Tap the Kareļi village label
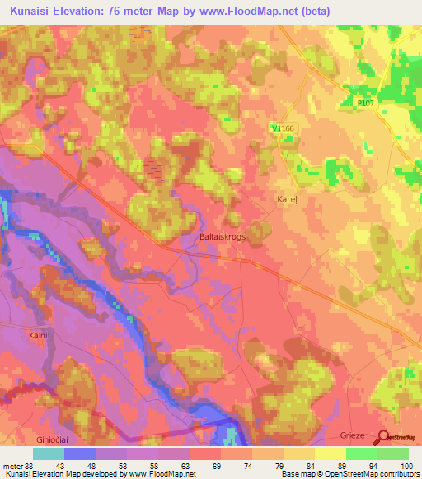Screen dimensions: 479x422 pyautogui.click(x=286, y=200)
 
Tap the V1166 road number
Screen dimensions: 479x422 pyautogui.click(x=282, y=128)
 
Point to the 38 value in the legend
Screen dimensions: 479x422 pyautogui.click(x=30, y=465)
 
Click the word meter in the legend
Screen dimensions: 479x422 pyautogui.click(x=12, y=465)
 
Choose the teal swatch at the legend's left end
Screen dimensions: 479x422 pyautogui.click(x=49, y=453)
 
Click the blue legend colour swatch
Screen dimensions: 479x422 pyautogui.click(x=80, y=453)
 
